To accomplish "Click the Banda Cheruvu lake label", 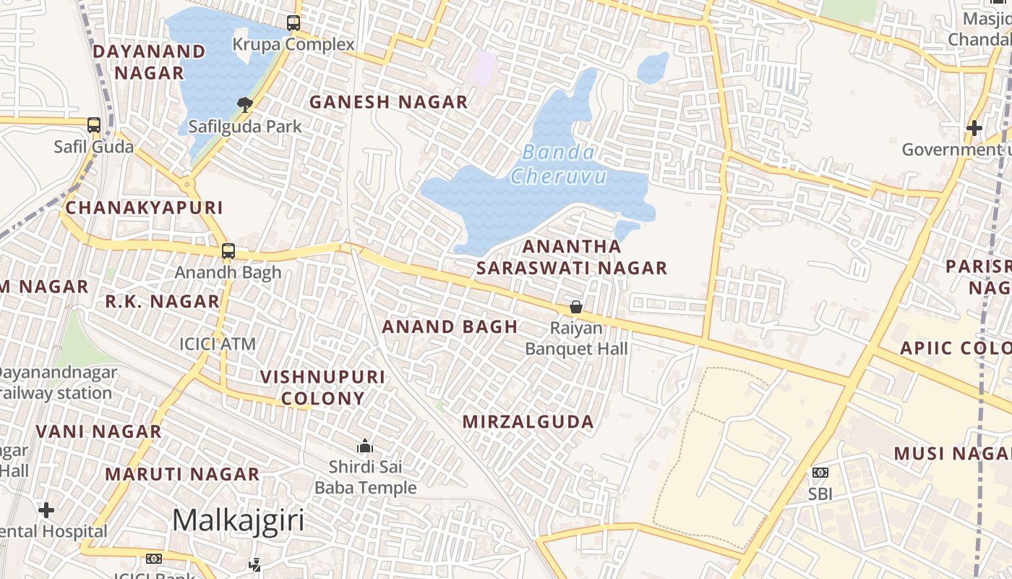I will coord(558,164).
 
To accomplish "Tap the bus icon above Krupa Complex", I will coord(293,23).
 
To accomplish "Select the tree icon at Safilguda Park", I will coord(245,105).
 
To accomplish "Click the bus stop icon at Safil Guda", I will coord(94,125).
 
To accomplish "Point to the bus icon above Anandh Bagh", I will coord(228,251).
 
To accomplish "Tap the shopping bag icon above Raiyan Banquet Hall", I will coord(576,307).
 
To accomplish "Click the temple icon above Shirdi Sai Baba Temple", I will coord(365,446).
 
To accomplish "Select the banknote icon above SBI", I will coord(820,473).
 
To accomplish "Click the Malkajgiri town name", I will coord(238,520).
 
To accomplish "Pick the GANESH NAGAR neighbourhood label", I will coord(389,102).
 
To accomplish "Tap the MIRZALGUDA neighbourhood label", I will coord(528,421).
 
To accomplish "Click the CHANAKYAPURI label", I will coord(144,208).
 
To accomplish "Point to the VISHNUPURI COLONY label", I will coord(322,387).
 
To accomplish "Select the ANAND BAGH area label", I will coord(450,326).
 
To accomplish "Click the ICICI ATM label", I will coord(218,344).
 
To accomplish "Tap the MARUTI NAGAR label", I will coord(182,474).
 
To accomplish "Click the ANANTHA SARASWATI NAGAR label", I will coord(571,257).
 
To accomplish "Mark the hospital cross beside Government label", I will coord(974,128).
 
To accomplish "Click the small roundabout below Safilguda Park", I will coord(188,185).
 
